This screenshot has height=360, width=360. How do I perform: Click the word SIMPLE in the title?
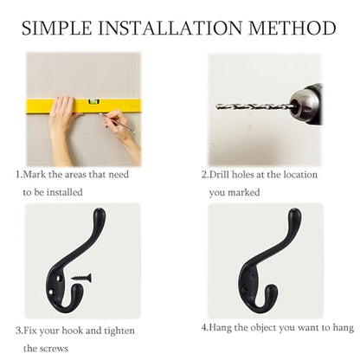[x=56, y=28]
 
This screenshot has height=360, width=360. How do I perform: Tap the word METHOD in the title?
[x=292, y=28]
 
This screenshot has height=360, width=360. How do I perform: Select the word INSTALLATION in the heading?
[x=170, y=28]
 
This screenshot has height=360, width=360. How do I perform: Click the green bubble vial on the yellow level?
[x=93, y=101]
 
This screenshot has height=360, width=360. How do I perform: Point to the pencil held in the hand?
[x=117, y=122]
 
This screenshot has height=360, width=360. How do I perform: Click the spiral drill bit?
[x=254, y=106]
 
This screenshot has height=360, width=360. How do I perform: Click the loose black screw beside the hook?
[x=81, y=278]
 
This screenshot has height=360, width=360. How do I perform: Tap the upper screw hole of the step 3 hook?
[x=59, y=280]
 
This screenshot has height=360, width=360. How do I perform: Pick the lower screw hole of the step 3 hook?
[x=51, y=292]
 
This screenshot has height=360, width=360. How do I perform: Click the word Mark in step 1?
[x=34, y=175]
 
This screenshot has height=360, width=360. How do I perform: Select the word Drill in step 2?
[x=219, y=175]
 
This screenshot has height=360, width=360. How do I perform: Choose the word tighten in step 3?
[x=119, y=331]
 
